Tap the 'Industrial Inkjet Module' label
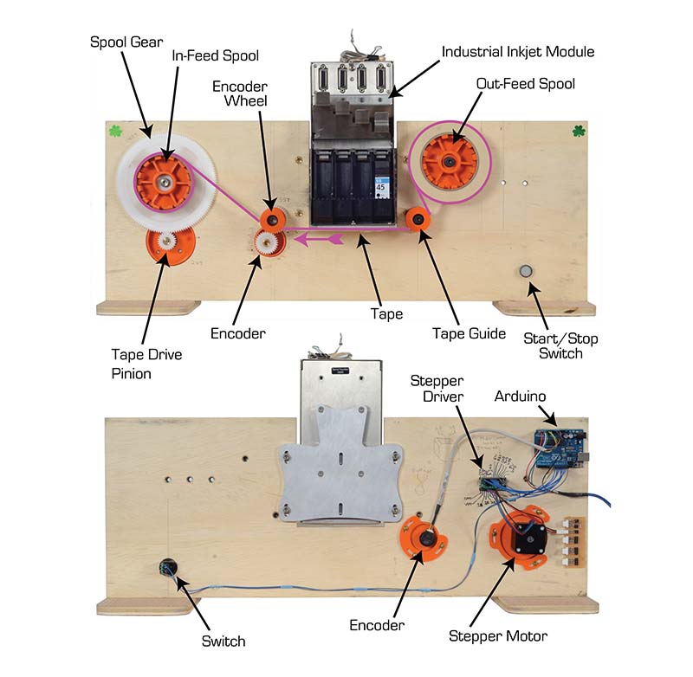click(x=517, y=52)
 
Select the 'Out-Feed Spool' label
click(x=525, y=84)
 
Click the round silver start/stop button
click(x=525, y=271)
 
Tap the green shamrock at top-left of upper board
click(x=115, y=132)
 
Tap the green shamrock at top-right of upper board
click(x=579, y=132)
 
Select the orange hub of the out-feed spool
click(x=448, y=162)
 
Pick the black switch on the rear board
click(x=167, y=569)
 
